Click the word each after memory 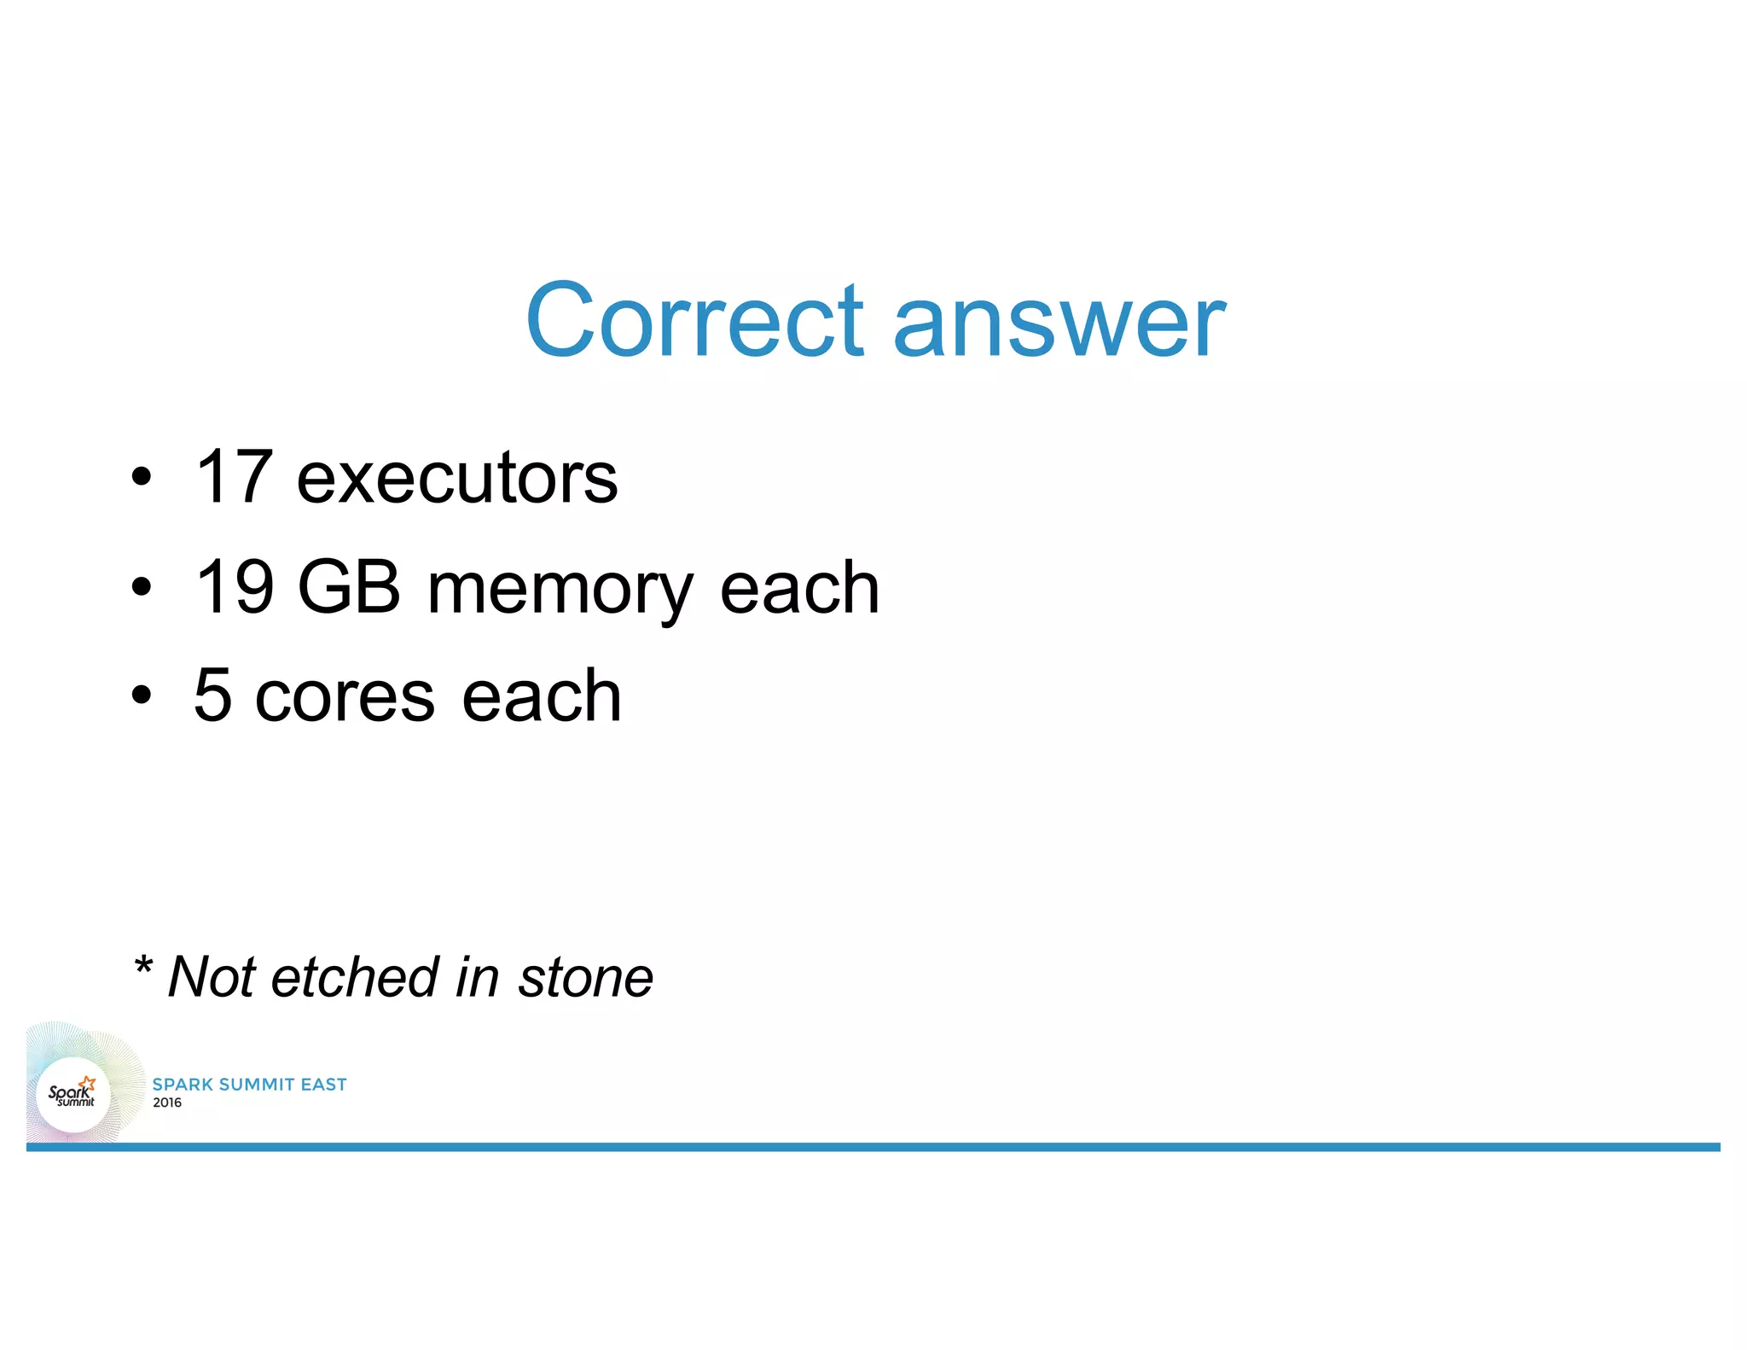799,587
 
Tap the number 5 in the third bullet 213,695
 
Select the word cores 345,697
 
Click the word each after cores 541,695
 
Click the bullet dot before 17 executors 142,478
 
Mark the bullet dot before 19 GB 142,587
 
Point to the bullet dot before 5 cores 142,695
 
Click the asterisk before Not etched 143,966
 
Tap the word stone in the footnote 586,978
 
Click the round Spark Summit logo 73,1094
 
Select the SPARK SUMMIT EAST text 249,1085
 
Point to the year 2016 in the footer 167,1103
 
